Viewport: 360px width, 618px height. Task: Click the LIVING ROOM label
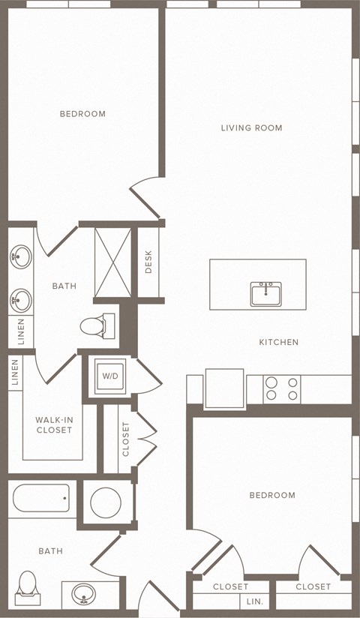251,127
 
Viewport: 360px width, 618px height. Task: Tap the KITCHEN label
279,342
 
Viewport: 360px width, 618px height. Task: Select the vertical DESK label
148,262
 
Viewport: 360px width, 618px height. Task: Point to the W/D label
110,376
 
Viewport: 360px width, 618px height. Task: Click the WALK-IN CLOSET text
54,425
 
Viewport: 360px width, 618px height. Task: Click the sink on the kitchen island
265,293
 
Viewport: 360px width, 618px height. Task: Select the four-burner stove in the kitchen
282,388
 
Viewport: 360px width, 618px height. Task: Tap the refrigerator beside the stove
224,388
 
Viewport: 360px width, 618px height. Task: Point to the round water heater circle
106,502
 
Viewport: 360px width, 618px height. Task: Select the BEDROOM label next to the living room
82,114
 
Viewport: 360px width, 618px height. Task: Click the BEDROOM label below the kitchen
272,495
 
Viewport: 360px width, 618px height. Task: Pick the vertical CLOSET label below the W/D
126,439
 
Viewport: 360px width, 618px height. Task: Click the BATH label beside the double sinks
64,286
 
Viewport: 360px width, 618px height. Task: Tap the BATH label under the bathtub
50,551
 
